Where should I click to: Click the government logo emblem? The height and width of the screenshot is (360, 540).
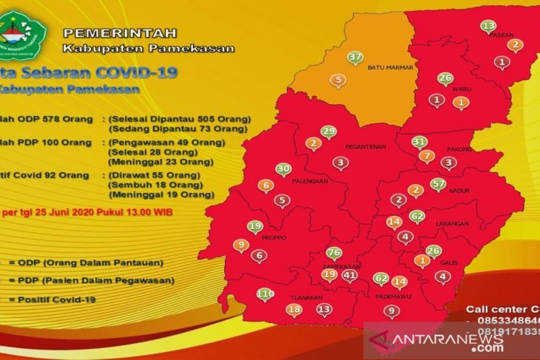[24, 33]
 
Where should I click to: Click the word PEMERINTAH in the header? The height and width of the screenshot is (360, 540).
[119, 34]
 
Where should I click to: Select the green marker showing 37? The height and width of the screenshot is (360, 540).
[355, 58]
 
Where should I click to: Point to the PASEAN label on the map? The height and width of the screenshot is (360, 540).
[502, 34]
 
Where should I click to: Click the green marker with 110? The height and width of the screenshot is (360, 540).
[264, 294]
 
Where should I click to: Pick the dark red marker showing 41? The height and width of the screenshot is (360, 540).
[350, 276]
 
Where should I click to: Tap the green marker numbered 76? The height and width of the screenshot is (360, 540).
[334, 253]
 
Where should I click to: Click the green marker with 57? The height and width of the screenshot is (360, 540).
[438, 183]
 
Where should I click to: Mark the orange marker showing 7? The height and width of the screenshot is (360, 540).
[426, 157]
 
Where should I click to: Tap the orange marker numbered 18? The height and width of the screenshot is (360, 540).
[294, 310]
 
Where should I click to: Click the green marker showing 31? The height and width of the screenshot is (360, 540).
[419, 141]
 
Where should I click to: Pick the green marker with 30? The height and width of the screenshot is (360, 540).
[283, 169]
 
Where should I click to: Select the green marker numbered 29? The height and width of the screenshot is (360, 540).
[328, 132]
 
